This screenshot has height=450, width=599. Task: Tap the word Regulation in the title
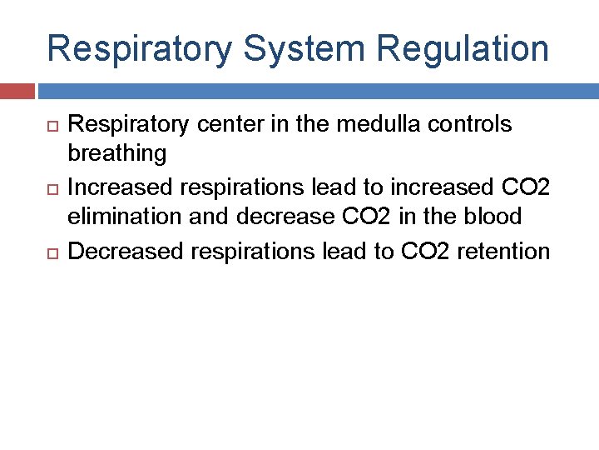pyautogui.click(x=463, y=49)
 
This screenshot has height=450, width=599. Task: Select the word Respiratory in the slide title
pyautogui.click(x=139, y=49)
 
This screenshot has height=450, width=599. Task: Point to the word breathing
pyautogui.click(x=116, y=153)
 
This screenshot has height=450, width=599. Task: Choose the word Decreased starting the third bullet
pyautogui.click(x=125, y=251)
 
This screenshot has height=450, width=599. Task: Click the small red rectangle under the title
pyautogui.click(x=17, y=91)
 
